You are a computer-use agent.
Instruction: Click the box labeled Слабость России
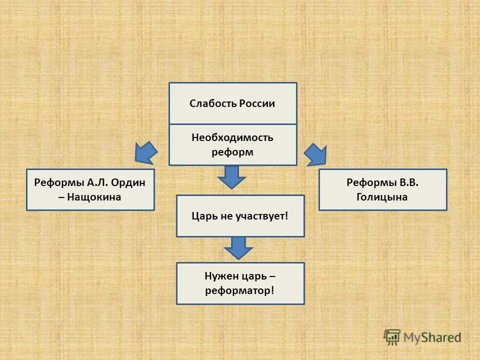click(x=232, y=103)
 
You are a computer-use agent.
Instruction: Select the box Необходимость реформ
click(x=232, y=144)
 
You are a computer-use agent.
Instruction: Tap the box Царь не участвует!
click(x=240, y=216)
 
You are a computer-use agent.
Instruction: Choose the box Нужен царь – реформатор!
click(x=240, y=283)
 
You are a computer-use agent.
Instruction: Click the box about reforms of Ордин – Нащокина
click(x=90, y=189)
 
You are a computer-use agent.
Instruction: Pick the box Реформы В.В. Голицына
click(x=382, y=189)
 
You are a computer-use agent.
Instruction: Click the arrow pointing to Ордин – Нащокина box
click(x=145, y=152)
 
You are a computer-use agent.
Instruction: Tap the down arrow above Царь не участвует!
click(x=231, y=176)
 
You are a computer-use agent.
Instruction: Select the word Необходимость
click(x=232, y=137)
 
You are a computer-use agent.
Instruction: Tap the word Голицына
click(x=382, y=197)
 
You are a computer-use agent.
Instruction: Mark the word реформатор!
click(x=240, y=290)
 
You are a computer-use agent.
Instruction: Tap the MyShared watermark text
click(x=432, y=337)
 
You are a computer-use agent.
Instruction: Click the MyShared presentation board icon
click(x=392, y=336)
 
